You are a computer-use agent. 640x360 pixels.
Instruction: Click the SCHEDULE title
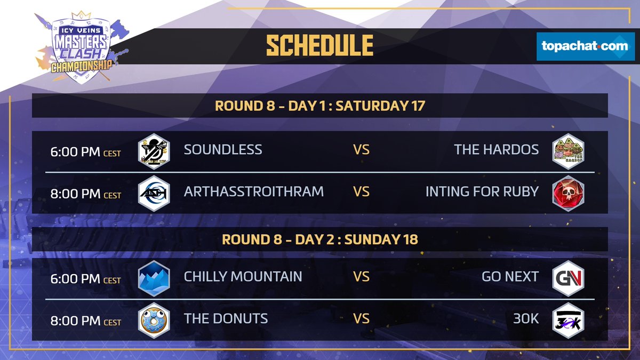tap(319, 46)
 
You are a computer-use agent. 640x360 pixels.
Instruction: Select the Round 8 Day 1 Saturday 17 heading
tap(319, 106)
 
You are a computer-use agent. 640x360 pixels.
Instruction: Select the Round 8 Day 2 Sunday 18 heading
tap(319, 239)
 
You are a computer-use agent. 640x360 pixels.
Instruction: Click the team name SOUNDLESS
tap(223, 149)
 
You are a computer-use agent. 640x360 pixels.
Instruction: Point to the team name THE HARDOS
tap(496, 149)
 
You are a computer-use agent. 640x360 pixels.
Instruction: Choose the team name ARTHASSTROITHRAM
tap(253, 191)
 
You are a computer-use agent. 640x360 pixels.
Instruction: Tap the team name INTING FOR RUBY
tap(482, 191)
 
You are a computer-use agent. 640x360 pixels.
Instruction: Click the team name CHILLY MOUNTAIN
tap(243, 276)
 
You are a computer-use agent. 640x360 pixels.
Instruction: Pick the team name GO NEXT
tap(510, 276)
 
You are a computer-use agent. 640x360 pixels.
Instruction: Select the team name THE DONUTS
tap(226, 318)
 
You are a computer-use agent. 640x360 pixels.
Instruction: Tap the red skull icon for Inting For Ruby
tap(568, 193)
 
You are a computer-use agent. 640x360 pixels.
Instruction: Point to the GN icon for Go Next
tap(568, 278)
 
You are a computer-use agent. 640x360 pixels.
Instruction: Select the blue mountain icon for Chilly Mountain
tap(154, 278)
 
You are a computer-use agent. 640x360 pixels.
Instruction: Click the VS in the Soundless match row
tap(362, 149)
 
